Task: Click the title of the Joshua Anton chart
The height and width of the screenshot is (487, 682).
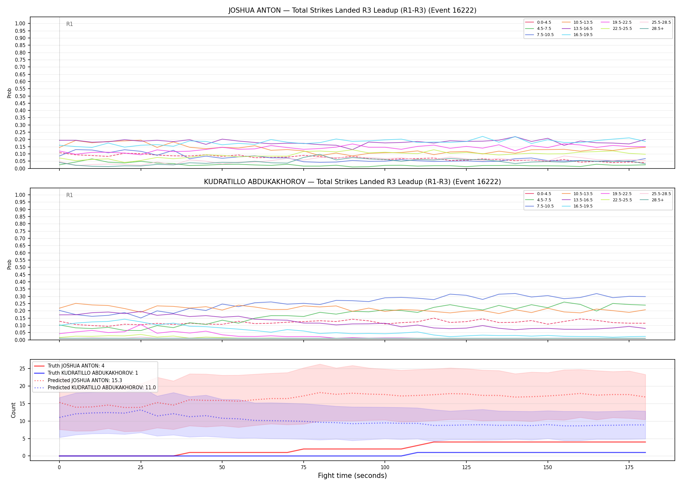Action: pos(352,10)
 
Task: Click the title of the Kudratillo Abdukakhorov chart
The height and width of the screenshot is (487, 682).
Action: pos(352,182)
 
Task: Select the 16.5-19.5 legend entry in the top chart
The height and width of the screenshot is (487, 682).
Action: pos(578,35)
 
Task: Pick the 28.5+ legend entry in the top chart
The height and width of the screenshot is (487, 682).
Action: pos(653,29)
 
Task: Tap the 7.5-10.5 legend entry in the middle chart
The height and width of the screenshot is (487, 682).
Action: pos(540,206)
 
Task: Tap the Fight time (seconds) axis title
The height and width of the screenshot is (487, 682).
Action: pos(352,476)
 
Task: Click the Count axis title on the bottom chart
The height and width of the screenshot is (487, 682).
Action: pos(13,410)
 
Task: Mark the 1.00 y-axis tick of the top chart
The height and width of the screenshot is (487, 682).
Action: pos(20,24)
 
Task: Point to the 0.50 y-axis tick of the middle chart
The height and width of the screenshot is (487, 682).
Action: pos(20,268)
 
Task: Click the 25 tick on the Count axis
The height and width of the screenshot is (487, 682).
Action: pos(22,369)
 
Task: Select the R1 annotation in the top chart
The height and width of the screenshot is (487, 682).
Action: pos(69,24)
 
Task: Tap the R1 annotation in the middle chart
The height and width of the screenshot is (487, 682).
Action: pos(69,195)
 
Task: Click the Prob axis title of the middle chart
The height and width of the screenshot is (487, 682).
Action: pos(9,264)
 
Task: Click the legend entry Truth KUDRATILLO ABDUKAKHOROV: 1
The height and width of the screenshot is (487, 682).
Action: pos(86,373)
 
